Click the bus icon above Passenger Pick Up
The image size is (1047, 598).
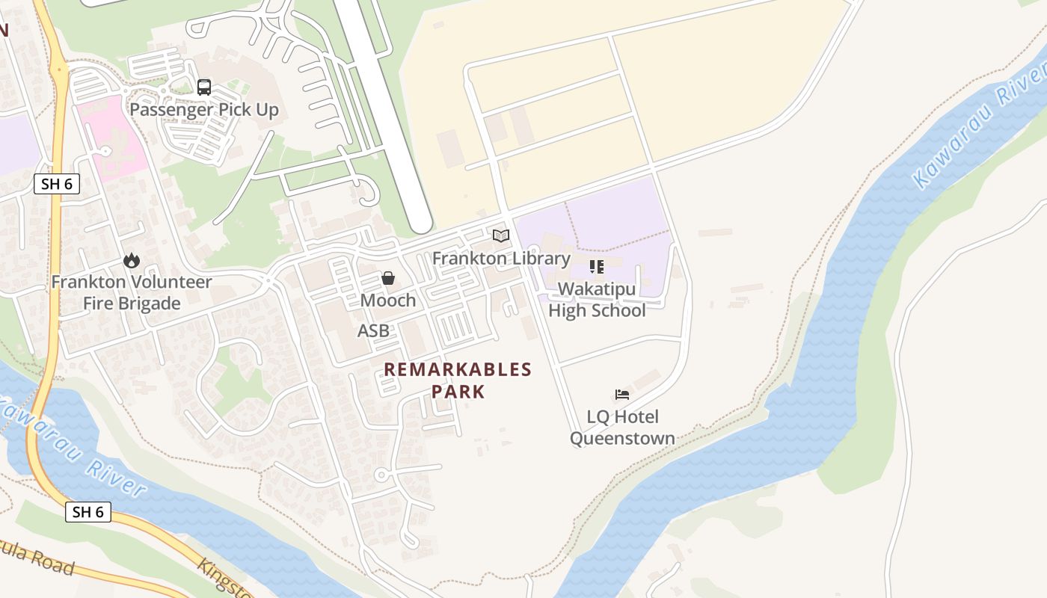(204, 87)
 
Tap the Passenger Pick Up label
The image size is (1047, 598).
(204, 110)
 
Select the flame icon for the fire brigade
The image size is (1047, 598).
(132, 260)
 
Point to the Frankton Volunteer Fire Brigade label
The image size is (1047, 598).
(132, 293)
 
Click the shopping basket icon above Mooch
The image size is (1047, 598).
(388, 278)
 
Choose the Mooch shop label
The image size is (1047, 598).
(388, 300)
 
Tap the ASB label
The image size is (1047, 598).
(374, 331)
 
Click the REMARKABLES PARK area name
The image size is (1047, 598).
(458, 380)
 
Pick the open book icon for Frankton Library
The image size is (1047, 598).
(501, 236)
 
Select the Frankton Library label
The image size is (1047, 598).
(501, 259)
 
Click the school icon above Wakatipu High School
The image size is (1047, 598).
(597, 266)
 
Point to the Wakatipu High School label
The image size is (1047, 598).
(597, 300)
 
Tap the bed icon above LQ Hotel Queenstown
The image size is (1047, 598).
(622, 395)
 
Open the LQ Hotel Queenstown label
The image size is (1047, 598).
(622, 428)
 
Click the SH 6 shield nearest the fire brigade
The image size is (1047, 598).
(57, 184)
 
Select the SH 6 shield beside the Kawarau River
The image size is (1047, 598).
(88, 512)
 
